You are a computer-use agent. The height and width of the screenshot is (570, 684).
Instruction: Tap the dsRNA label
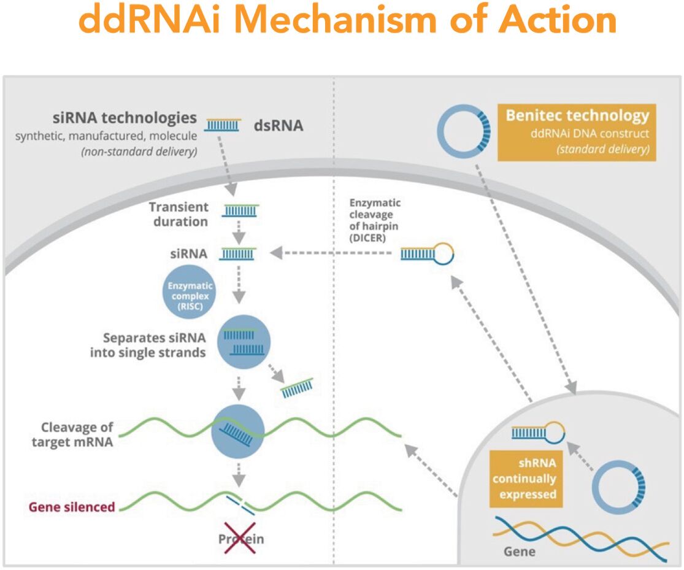[x=279, y=126]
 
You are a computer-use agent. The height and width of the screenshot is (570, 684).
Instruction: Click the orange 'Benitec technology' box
[x=577, y=133]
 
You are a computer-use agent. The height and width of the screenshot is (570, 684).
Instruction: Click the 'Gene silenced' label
[x=71, y=507]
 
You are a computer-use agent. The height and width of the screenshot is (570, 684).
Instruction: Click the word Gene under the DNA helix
[x=519, y=551]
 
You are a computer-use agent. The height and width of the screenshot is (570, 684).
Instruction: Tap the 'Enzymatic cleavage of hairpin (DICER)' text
[x=367, y=220]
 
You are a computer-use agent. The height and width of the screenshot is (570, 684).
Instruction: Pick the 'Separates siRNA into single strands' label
[x=147, y=345]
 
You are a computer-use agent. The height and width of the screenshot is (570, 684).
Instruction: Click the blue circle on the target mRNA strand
[x=238, y=431]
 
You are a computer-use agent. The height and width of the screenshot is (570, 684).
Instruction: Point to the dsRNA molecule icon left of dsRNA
[x=223, y=125]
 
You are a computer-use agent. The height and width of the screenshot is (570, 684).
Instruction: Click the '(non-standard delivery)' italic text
[x=139, y=152]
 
